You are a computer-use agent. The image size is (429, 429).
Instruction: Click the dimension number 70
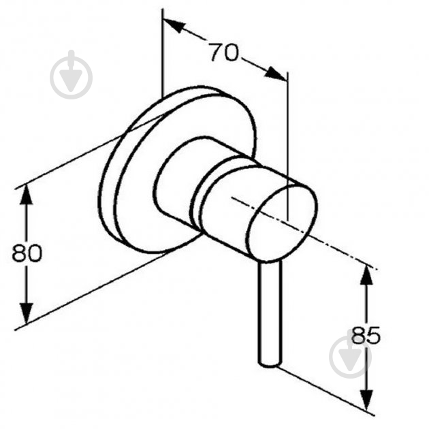[224, 52]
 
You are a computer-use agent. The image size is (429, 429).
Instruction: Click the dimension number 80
[27, 253]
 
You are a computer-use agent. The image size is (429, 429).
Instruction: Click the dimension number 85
[366, 335]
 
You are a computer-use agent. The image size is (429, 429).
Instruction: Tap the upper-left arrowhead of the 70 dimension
[173, 25]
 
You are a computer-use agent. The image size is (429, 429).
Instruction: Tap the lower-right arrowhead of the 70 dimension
[276, 73]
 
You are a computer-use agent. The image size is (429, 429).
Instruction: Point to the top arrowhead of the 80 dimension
[27, 194]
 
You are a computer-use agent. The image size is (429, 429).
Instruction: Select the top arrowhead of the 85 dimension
[366, 275]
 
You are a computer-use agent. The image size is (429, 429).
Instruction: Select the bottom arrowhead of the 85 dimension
[366, 400]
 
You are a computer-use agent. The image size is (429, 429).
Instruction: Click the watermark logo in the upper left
[71, 75]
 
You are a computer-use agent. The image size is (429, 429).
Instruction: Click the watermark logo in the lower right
[351, 355]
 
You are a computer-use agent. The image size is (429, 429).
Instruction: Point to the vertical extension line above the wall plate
[163, 52]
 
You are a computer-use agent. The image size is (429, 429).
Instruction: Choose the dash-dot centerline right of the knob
[304, 233]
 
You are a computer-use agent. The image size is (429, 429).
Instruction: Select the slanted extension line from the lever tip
[325, 390]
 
